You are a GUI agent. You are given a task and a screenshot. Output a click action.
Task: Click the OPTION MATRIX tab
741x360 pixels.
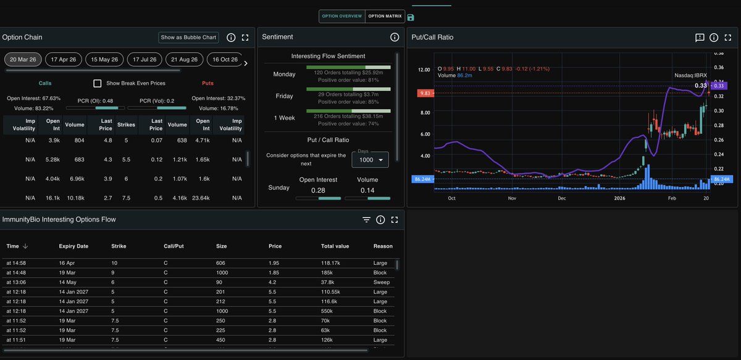click(385, 16)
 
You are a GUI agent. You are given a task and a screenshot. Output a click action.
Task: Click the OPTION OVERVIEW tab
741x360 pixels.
click(342, 16)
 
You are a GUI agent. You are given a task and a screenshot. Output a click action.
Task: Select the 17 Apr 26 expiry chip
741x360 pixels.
click(64, 59)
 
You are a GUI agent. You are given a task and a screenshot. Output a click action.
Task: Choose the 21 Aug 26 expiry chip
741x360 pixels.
click(185, 59)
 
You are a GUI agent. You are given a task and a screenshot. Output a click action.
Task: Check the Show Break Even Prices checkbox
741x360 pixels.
click(98, 83)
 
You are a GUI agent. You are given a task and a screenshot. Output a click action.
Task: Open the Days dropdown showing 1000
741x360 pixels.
click(370, 160)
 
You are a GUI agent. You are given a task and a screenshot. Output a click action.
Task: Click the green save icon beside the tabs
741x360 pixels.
click(411, 17)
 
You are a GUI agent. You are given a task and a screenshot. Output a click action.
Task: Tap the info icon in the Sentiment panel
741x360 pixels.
click(395, 38)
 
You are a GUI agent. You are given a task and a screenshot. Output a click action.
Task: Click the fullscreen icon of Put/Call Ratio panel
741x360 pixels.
click(729, 38)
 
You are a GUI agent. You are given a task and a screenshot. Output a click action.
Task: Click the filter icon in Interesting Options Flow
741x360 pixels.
click(366, 220)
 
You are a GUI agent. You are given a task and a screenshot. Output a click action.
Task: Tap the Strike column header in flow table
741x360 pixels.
click(119, 246)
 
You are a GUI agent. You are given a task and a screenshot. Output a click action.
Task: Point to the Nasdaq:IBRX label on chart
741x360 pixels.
click(690, 75)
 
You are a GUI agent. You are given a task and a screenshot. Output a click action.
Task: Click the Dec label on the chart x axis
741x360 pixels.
click(562, 198)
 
